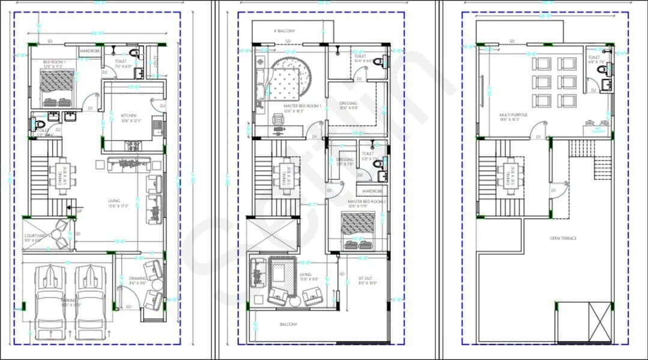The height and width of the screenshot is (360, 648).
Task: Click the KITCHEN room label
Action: point(128,115)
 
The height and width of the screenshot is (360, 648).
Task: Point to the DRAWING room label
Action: point(138,278)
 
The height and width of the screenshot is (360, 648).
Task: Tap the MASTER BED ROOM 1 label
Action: point(302,106)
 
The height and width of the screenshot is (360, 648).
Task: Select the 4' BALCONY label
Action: point(284,31)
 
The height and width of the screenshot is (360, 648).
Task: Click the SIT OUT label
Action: point(365,278)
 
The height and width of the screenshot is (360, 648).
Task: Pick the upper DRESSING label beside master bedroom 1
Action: point(348,103)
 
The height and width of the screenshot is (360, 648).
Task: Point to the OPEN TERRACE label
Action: point(563,239)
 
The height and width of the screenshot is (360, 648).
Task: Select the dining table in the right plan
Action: point(510,174)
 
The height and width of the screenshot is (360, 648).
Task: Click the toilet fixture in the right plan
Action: point(603,70)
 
